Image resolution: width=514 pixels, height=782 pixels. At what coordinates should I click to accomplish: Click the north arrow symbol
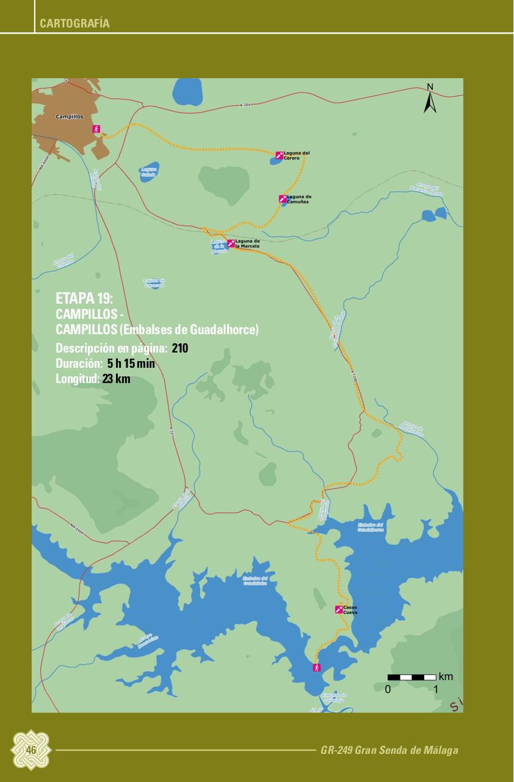click(430, 100)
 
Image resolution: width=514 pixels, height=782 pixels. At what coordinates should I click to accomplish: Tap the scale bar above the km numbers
click(412, 677)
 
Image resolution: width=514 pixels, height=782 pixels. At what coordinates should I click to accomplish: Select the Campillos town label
click(70, 116)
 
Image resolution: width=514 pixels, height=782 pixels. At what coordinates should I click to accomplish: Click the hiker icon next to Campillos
click(96, 129)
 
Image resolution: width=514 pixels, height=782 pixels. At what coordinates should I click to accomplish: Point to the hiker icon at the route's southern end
click(316, 667)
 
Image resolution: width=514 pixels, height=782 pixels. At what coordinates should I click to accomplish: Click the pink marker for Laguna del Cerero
click(279, 155)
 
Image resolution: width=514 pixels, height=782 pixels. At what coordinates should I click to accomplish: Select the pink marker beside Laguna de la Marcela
click(231, 243)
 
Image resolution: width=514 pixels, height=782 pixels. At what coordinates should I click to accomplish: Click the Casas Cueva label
click(350, 610)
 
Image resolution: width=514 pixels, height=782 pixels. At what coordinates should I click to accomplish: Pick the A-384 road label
click(245, 106)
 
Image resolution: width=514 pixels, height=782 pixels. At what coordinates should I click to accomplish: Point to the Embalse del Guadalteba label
click(255, 580)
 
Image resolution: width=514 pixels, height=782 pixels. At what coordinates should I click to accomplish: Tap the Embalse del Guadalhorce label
click(371, 527)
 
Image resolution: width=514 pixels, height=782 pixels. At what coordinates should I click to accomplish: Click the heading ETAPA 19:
click(84, 299)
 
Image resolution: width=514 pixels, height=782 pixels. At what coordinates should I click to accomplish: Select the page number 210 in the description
click(180, 348)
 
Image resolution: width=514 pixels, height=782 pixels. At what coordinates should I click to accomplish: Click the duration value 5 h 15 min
click(131, 364)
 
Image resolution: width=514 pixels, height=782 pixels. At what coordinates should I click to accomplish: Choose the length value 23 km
click(116, 379)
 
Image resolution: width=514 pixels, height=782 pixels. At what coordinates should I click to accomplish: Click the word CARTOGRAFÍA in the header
click(74, 24)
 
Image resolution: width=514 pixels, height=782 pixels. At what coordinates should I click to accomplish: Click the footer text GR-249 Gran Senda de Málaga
click(389, 750)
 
